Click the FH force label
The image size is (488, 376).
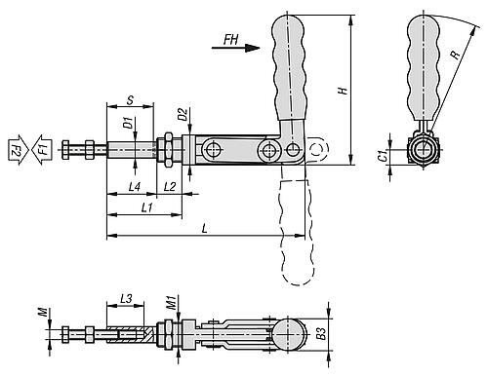tap(230, 40)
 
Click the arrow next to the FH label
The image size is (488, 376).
tap(236, 48)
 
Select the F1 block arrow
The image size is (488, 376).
tap(42, 150)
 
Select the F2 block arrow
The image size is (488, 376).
tap(19, 150)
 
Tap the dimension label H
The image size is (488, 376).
tap(343, 91)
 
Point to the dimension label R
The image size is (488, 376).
tap(456, 55)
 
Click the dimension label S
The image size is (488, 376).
tap(130, 100)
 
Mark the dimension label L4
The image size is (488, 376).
tap(135, 187)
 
